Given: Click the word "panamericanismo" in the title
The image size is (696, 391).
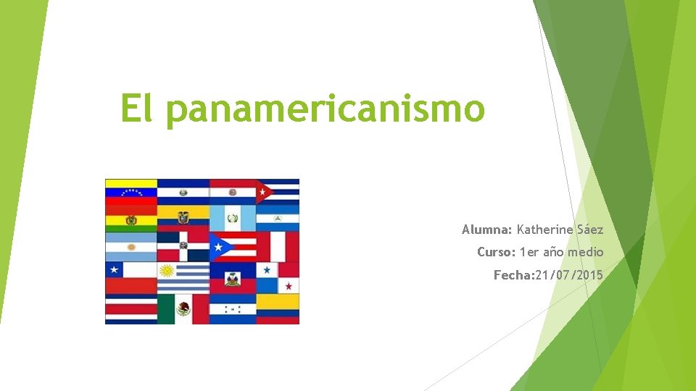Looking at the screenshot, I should [x=325, y=110].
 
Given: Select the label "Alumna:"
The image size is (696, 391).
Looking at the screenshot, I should [x=487, y=230].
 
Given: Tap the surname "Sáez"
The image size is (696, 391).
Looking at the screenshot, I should [x=586, y=230].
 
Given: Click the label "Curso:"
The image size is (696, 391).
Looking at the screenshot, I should [x=496, y=252].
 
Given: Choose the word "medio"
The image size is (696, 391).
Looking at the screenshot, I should [x=586, y=252].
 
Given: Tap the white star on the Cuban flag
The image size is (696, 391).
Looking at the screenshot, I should [x=265, y=192].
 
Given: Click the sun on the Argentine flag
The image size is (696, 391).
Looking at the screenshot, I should [x=131, y=247].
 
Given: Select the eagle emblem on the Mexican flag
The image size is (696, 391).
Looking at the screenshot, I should [x=183, y=309].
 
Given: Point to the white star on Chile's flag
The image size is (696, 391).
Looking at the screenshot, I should [x=113, y=270].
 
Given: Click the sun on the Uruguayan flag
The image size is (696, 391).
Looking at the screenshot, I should [x=167, y=271].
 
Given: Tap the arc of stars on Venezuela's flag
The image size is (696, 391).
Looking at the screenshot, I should [x=131, y=193].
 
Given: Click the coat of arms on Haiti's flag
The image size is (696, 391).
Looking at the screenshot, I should [x=232, y=278].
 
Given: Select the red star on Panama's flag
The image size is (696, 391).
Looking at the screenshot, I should [x=289, y=286].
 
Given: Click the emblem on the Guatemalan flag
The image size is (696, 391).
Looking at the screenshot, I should [x=232, y=217].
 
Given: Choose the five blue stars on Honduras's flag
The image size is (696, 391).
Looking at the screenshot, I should [x=232, y=309].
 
